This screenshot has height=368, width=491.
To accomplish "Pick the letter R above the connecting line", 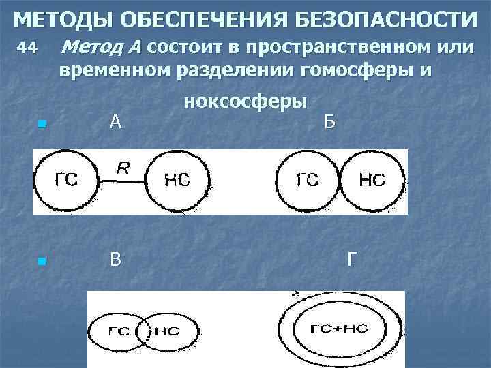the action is (x=123, y=168).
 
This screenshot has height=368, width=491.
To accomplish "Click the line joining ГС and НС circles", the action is (x=123, y=181).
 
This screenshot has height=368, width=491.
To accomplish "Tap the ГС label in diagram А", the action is (x=66, y=181).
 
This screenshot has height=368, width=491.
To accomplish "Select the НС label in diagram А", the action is (x=177, y=181).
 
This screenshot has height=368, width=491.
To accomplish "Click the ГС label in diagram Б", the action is (x=308, y=181).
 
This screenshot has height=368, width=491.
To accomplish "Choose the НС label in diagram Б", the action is (x=372, y=181).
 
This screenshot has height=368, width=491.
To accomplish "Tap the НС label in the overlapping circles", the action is (x=166, y=331).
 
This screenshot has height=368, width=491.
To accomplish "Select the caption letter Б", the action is (x=329, y=123).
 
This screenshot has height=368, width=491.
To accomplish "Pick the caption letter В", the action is (x=116, y=260).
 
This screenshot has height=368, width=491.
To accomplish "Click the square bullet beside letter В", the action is (x=42, y=262).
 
